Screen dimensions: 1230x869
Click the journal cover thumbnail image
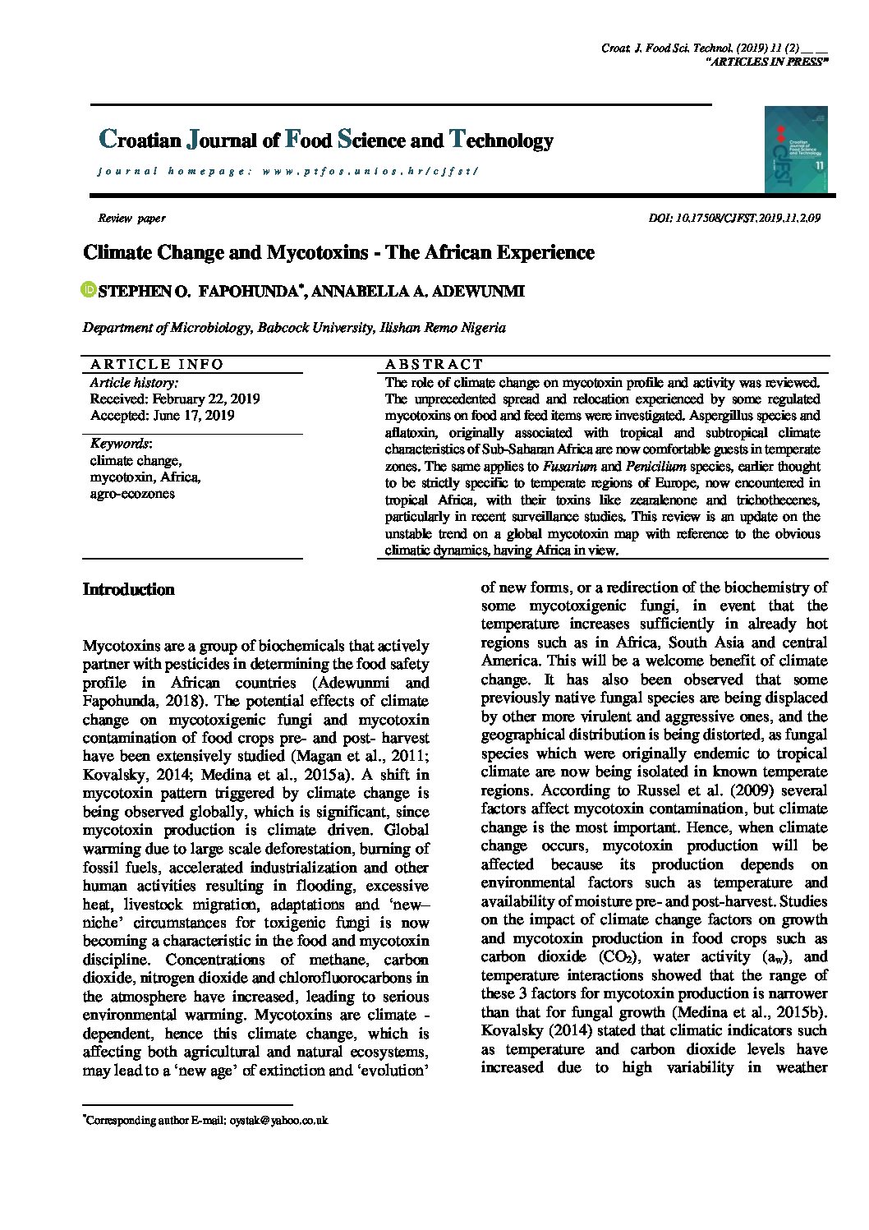(x=795, y=149)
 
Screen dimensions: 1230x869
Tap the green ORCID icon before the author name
(x=89, y=290)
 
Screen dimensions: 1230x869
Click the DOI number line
(x=734, y=219)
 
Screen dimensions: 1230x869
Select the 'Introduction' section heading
(x=129, y=589)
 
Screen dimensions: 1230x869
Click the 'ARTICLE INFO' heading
(x=156, y=364)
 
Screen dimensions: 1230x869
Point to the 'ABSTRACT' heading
(x=434, y=364)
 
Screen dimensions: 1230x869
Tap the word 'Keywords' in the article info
(x=119, y=444)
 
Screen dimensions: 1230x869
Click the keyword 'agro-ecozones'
(x=132, y=494)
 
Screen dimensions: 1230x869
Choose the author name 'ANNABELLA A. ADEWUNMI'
(x=418, y=291)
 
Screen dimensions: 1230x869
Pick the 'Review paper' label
(x=131, y=219)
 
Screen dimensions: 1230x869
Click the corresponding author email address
(x=278, y=1120)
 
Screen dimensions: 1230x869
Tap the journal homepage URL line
(x=287, y=172)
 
